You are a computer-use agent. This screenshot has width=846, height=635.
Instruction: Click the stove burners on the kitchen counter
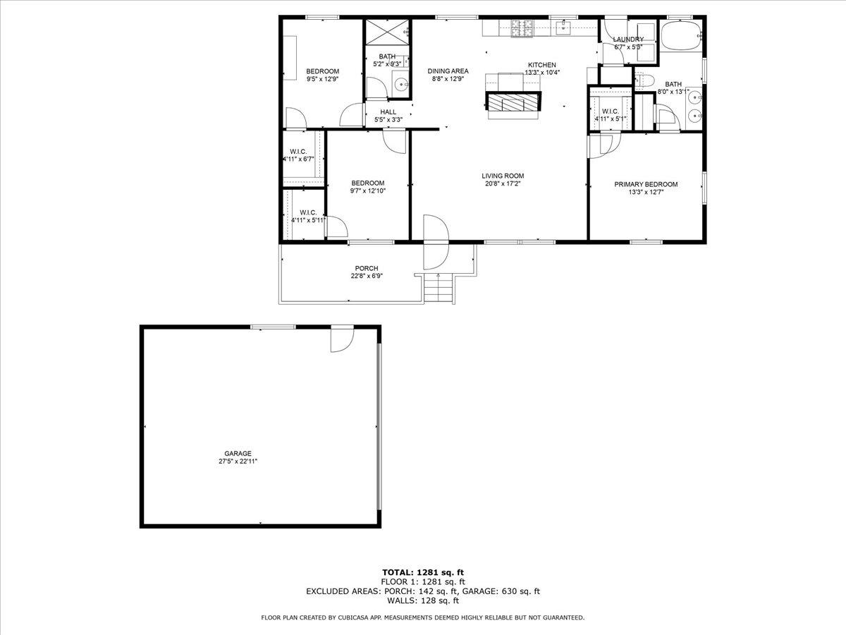tap(520, 28)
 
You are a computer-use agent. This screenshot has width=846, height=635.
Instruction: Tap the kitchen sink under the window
tap(563, 28)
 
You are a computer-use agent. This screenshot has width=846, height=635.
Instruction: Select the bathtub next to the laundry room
tap(680, 35)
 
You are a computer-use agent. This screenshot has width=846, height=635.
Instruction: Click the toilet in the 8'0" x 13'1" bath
tap(644, 79)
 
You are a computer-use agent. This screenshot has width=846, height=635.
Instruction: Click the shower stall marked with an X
tap(387, 32)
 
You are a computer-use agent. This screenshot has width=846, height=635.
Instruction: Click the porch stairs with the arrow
tap(437, 287)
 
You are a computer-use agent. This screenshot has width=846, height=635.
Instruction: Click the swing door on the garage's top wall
tap(341, 338)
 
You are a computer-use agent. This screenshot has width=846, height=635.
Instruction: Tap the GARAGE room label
tap(238, 454)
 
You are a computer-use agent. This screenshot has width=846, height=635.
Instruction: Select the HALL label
tap(388, 111)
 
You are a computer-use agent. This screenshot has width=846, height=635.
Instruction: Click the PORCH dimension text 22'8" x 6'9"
tap(367, 276)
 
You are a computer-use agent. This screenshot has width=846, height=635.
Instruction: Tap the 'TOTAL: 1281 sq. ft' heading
tap(423, 572)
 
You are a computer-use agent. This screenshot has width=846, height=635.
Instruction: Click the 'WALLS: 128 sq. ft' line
tap(423, 601)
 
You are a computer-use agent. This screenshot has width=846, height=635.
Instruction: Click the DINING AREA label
tap(448, 71)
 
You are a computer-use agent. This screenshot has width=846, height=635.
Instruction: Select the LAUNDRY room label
tap(627, 40)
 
